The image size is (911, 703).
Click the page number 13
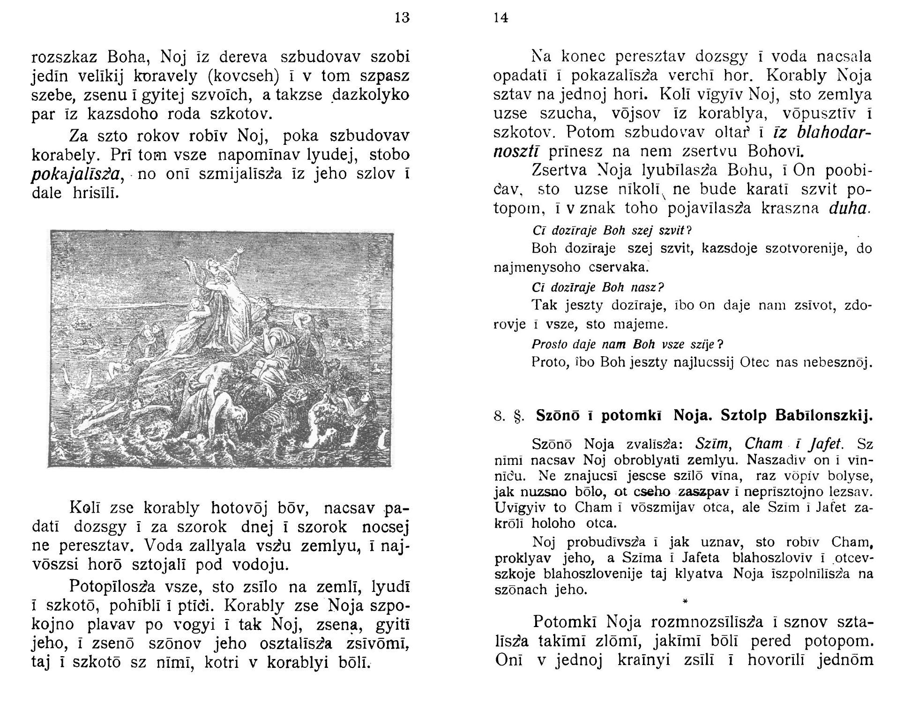tap(402, 18)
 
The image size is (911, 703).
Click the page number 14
tap(500, 18)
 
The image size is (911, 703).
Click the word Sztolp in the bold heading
tap(744, 416)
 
